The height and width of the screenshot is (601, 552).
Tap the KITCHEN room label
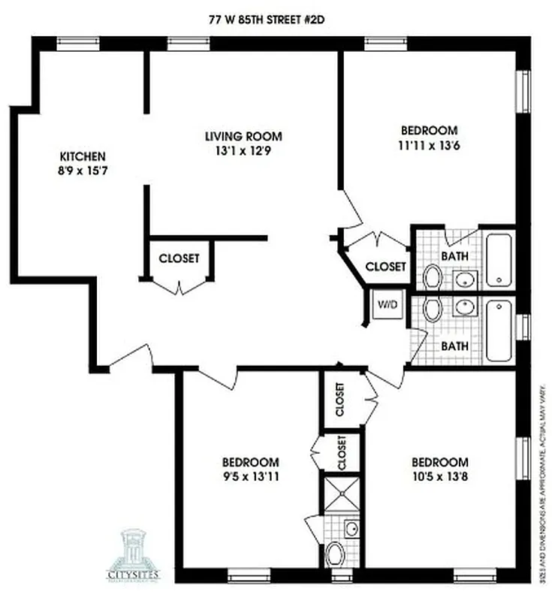(x=82, y=156)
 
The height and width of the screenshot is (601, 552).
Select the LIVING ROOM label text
(x=243, y=136)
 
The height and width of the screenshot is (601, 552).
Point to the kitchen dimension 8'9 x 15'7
(x=82, y=171)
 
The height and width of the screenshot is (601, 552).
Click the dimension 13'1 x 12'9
(x=243, y=150)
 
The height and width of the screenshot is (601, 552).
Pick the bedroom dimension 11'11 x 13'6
(x=429, y=144)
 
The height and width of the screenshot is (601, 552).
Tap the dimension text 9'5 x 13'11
(x=251, y=476)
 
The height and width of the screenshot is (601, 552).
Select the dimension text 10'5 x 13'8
(x=439, y=476)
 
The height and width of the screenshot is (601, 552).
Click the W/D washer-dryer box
(x=387, y=306)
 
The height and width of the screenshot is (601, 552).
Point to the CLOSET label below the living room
(x=179, y=258)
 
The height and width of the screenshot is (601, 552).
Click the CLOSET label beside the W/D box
(x=385, y=266)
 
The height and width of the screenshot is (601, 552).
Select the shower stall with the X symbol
(x=341, y=494)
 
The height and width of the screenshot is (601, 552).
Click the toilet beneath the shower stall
(x=339, y=556)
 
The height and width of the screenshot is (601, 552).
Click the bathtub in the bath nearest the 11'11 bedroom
(x=499, y=260)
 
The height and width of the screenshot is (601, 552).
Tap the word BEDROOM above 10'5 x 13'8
(x=439, y=462)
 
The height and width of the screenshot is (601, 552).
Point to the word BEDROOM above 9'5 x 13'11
(x=251, y=462)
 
